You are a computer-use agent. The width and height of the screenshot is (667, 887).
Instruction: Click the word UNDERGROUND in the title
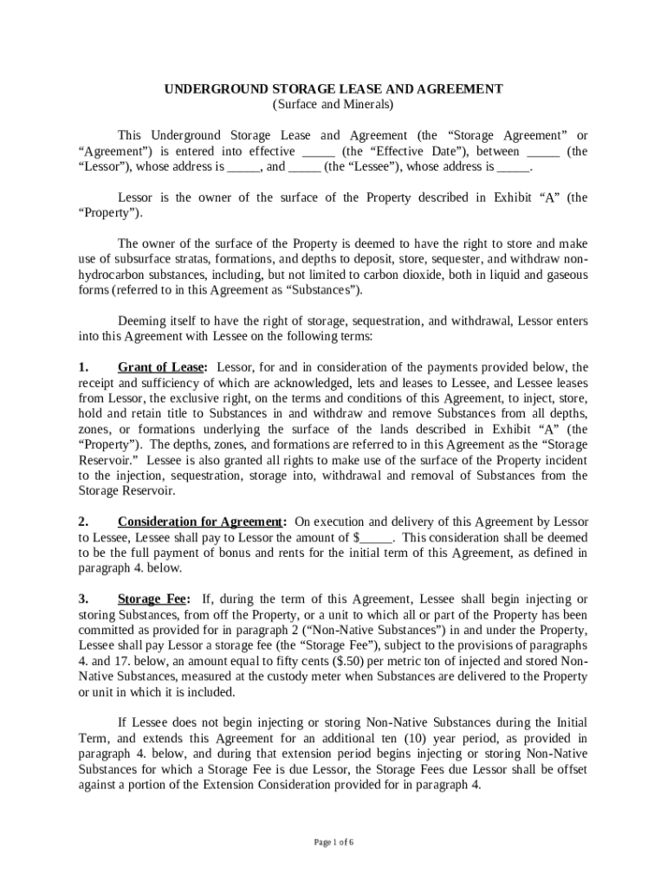[206, 89]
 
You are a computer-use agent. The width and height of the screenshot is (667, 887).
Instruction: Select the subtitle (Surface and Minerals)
[333, 105]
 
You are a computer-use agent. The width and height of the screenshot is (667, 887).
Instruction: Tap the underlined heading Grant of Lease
[162, 367]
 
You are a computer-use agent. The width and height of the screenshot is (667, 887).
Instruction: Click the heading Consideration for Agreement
[201, 521]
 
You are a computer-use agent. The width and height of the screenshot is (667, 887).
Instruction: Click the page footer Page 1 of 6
[333, 842]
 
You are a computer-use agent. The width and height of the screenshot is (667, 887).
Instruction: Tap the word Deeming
[140, 320]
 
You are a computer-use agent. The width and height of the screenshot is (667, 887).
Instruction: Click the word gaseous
[564, 275]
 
